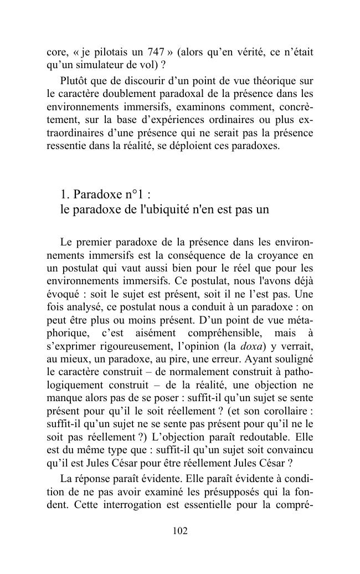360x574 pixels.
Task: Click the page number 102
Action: click(180, 531)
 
